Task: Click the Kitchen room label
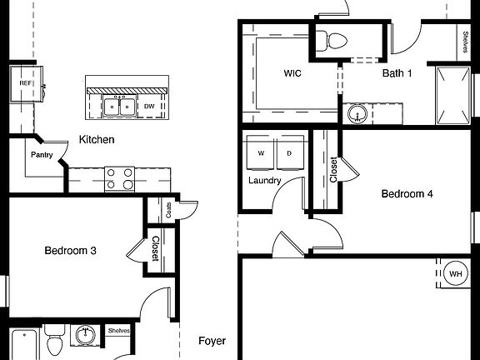click(97, 139)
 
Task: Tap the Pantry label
click(42, 154)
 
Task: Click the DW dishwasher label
click(149, 106)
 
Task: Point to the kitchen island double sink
click(121, 106)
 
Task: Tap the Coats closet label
click(169, 210)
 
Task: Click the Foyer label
click(212, 341)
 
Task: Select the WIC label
click(292, 73)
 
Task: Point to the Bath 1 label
click(397, 73)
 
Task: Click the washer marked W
click(261, 153)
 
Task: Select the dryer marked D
click(289, 153)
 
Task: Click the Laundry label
click(264, 180)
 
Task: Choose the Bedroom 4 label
click(407, 194)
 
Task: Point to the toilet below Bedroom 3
click(55, 343)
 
